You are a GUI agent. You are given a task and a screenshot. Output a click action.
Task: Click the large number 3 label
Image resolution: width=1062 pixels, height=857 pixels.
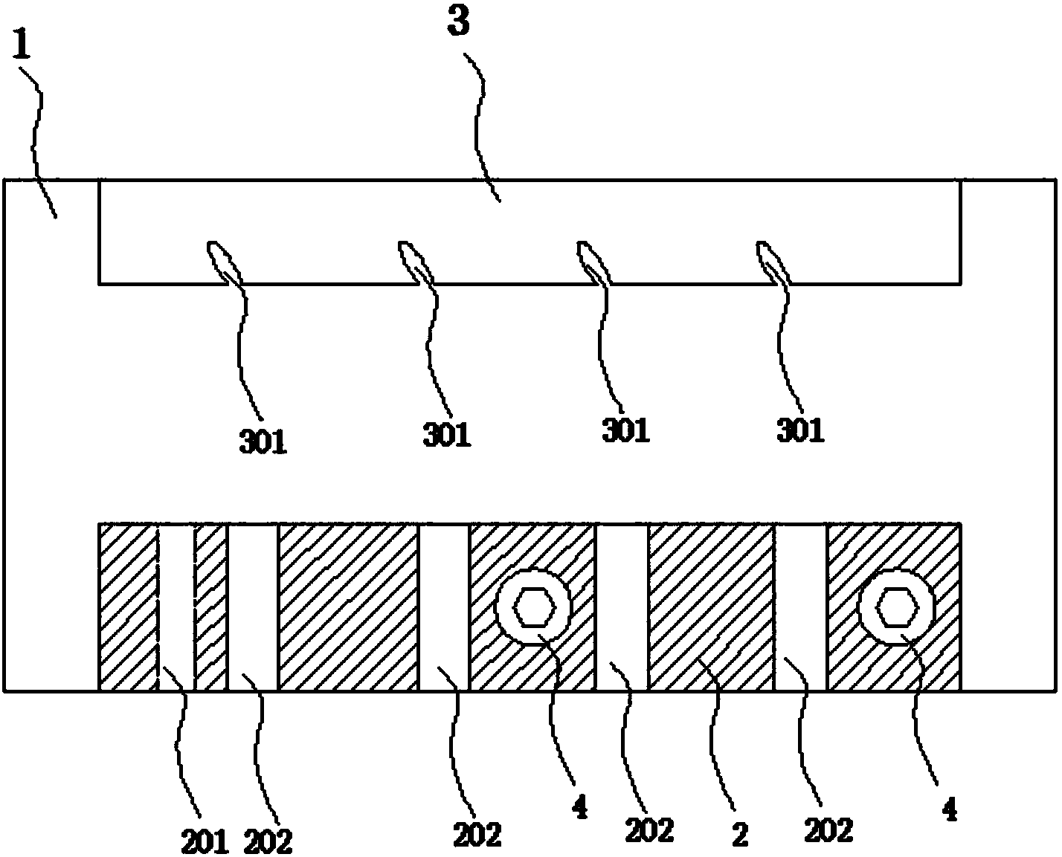(458, 23)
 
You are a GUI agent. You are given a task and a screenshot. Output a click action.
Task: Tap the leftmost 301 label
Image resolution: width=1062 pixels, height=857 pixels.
(263, 442)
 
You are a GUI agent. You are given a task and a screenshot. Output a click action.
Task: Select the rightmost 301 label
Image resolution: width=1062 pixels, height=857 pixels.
(800, 430)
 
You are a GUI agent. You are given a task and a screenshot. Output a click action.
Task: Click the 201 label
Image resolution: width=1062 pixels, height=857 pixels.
(205, 842)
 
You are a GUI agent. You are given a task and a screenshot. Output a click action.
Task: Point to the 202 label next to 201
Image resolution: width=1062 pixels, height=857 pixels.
(267, 842)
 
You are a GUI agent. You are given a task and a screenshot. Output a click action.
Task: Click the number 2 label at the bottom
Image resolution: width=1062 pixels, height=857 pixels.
(740, 835)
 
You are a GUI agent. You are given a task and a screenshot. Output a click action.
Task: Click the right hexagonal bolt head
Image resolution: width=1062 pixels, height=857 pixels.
(897, 607)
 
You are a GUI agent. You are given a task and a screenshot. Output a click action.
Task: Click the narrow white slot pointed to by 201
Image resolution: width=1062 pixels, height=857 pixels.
(176, 607)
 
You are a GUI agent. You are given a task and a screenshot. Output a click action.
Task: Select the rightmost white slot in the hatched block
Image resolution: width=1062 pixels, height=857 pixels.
(801, 607)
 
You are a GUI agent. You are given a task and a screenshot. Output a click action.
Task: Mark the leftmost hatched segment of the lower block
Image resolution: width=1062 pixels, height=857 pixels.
(129, 607)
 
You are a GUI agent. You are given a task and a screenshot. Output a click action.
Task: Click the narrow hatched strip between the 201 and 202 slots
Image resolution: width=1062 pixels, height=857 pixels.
(210, 607)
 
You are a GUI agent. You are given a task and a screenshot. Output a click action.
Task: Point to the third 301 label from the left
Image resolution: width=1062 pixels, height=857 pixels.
(625, 430)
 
